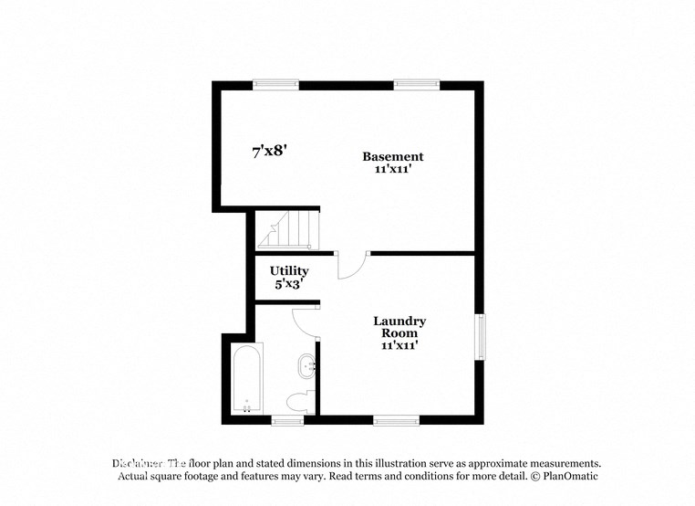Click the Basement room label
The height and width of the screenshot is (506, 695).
(x=392, y=156)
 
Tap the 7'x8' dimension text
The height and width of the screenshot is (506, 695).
(x=270, y=152)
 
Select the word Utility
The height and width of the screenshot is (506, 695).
(x=288, y=271)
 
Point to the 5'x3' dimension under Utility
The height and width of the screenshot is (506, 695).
(x=288, y=284)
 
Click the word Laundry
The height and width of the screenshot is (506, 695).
(x=399, y=321)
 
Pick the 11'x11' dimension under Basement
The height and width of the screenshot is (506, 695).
(x=392, y=170)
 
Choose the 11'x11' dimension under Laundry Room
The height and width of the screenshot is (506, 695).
(x=399, y=345)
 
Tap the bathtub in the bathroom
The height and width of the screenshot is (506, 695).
(x=247, y=378)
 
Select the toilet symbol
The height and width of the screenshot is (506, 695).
(x=300, y=401)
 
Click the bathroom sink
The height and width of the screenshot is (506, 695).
(x=306, y=369)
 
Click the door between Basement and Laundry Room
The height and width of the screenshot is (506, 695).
(x=352, y=265)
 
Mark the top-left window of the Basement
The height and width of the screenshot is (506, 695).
(x=275, y=85)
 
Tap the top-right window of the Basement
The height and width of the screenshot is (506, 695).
(x=417, y=85)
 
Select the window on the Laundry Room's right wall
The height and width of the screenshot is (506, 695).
(x=479, y=336)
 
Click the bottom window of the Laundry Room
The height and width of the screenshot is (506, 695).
(x=396, y=420)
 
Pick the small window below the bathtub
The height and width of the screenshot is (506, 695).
(x=287, y=420)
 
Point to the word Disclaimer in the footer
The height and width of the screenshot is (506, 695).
(x=138, y=464)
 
